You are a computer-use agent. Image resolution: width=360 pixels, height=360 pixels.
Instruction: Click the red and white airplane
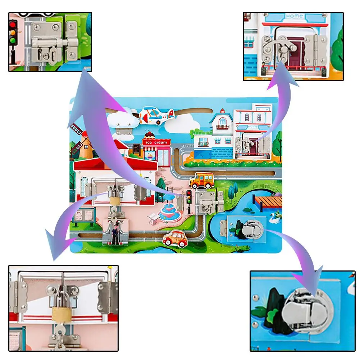tap(156, 114)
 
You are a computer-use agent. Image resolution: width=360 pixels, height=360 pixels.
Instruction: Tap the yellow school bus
tap(201, 181)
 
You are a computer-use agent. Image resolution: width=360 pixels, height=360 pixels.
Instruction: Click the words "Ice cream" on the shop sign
tap(157, 142)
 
